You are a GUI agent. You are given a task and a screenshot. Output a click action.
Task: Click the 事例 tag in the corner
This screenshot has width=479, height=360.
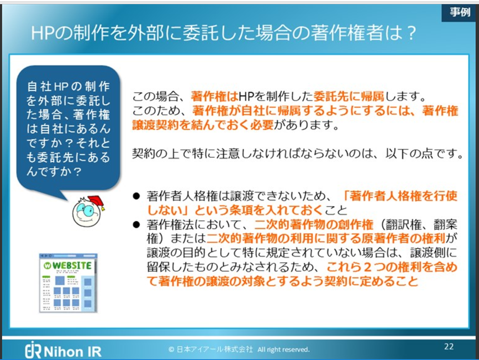[460, 12]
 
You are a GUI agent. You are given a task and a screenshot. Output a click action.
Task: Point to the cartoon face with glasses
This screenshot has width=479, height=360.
[85, 213]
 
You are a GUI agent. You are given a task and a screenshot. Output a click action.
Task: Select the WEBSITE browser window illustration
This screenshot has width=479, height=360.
[68, 283]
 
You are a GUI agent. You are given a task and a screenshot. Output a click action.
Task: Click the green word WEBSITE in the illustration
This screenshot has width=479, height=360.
[72, 266]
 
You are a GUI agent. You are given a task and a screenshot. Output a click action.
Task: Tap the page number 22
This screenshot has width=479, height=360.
[448, 347]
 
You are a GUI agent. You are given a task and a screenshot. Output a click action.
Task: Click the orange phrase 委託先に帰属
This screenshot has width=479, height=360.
[349, 97]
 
